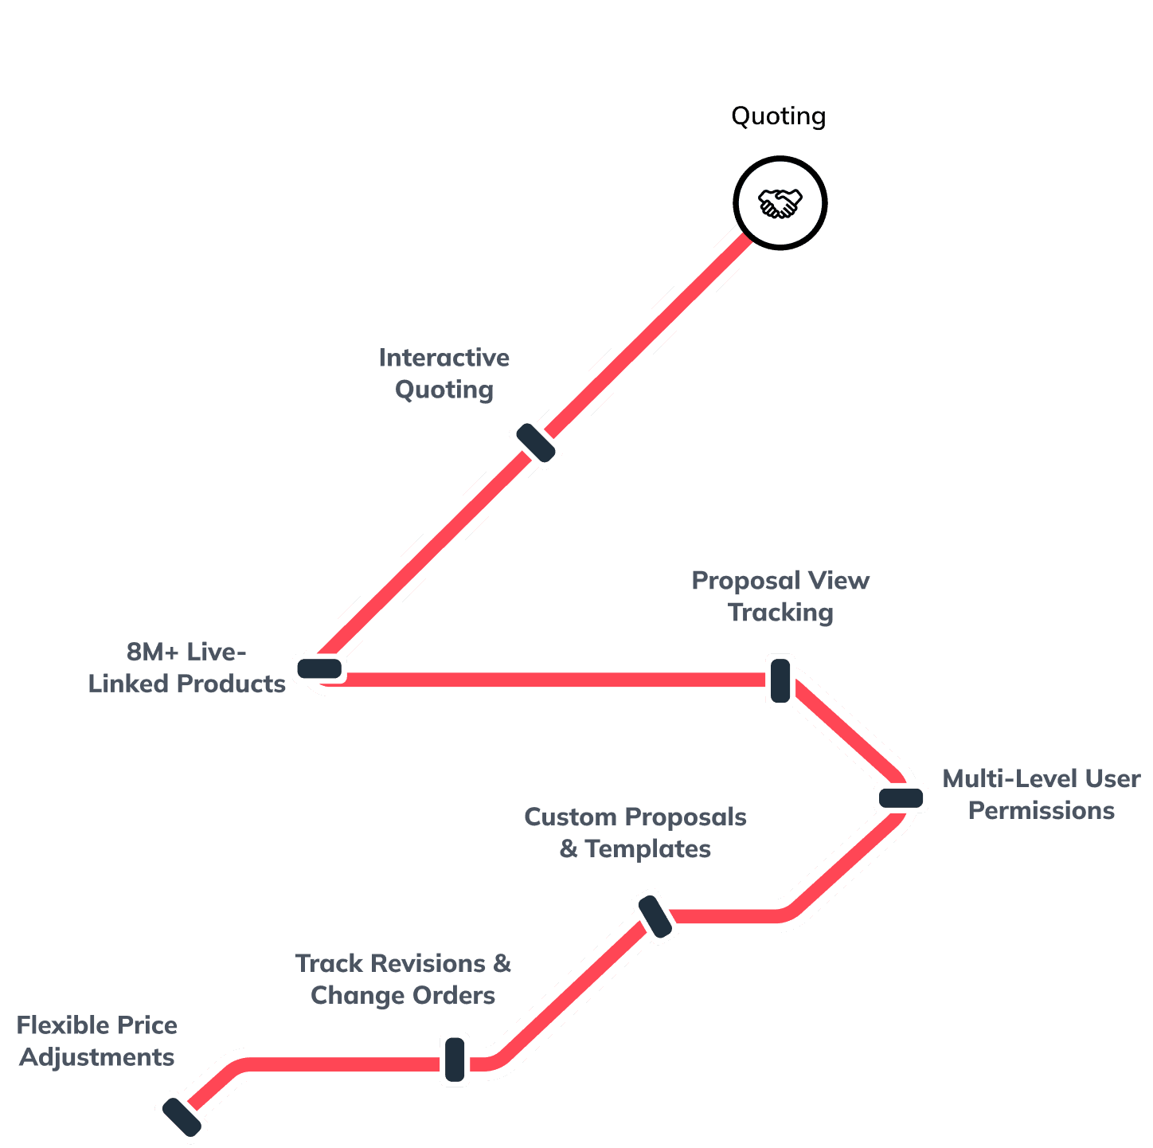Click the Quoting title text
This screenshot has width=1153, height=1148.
coord(778,116)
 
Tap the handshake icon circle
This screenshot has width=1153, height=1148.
coord(780,203)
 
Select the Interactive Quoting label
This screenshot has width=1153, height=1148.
coord(444,374)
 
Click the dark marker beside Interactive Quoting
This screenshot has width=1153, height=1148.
coord(536,442)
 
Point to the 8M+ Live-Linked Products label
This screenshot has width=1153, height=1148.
coord(186,668)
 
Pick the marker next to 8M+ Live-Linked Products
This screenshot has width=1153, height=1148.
coord(319,668)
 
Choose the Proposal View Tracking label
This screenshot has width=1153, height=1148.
coord(780,596)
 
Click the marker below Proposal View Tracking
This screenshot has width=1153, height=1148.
coord(780,680)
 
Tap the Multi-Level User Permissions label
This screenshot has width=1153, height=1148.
coord(1041,794)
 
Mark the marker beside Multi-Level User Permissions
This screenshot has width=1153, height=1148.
coord(901,797)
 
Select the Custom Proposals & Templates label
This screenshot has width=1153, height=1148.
coord(635,833)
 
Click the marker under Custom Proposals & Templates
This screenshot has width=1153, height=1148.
coord(654,916)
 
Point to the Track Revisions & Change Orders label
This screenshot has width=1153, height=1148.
coord(403,979)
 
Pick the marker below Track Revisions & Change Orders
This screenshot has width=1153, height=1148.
coord(455,1059)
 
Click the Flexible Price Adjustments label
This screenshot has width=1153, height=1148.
coord(97,1041)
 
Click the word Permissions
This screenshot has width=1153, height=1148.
coord(1041,811)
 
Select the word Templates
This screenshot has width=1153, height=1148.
coord(647,849)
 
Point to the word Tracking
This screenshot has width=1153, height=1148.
coord(780,613)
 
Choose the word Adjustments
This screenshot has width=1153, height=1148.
coord(97,1058)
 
